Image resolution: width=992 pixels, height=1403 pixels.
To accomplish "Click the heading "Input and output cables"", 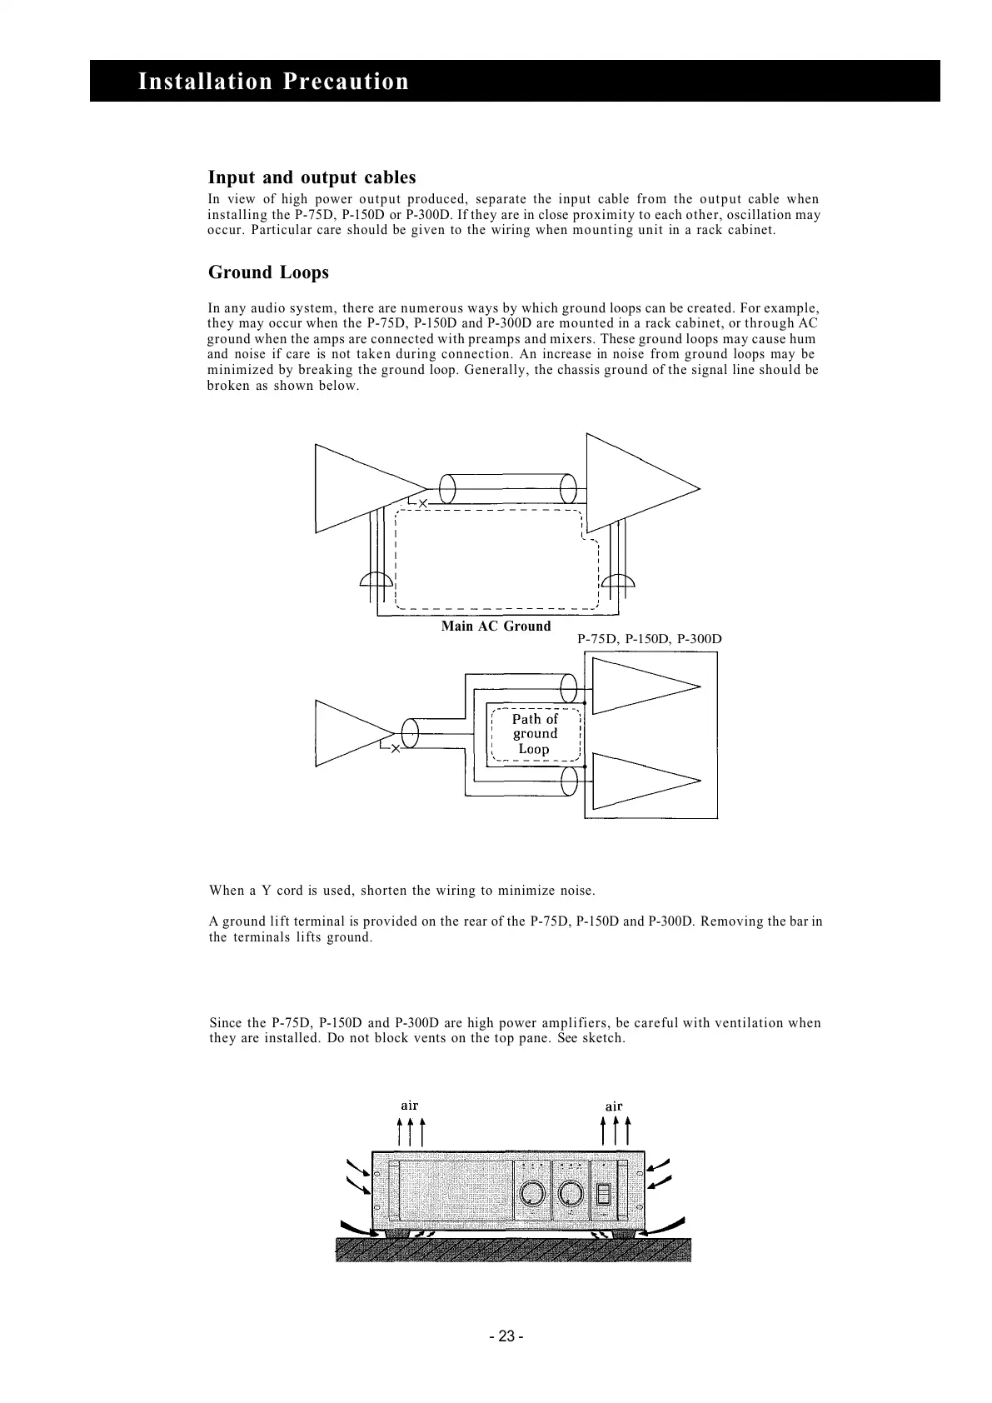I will pos(312,177).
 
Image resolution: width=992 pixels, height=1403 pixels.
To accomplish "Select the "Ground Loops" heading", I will pos(268,272).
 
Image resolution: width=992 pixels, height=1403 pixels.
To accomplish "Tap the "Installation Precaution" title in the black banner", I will pos(273,82).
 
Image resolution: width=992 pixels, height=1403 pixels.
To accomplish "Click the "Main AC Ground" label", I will pos(496,626).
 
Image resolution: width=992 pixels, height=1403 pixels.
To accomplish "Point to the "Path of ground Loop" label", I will pos(535,733).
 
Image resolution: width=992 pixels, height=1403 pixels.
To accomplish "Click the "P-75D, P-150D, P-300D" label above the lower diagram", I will pos(649,639).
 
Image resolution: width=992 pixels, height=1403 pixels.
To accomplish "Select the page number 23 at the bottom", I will pos(506,1336).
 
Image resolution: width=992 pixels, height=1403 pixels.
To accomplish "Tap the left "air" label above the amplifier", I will pos(409,1106).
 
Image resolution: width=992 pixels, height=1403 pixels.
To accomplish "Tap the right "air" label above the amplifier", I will pos(614,1106).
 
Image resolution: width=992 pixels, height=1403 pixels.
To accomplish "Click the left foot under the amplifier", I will pos(397,1233).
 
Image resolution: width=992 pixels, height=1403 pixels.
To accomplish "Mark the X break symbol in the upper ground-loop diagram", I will pos(422,504).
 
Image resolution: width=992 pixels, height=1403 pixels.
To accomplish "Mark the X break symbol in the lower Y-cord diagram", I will pos(396,749).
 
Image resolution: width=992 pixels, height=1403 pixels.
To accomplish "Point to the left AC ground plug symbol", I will pos(376,580).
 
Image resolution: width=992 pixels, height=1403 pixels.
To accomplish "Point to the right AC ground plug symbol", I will pos(618,580).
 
